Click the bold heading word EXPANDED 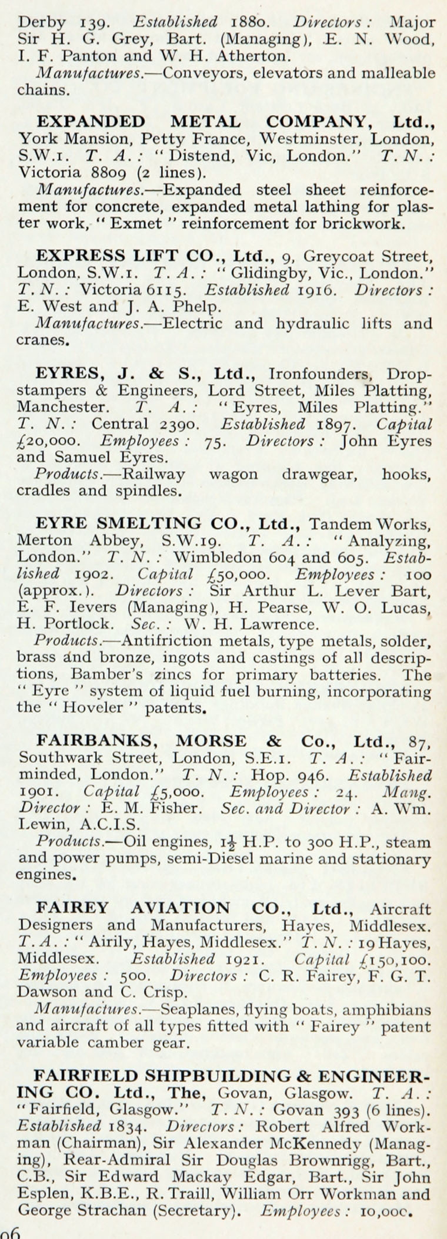point(91,122)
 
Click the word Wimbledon point(218,556)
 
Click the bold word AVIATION point(180,909)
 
